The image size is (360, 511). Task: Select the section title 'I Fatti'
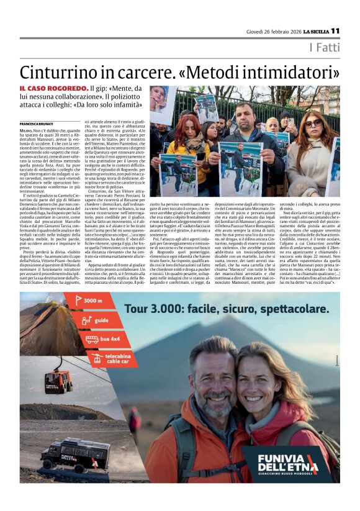(325, 48)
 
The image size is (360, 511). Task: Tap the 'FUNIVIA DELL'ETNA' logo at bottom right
(286, 462)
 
